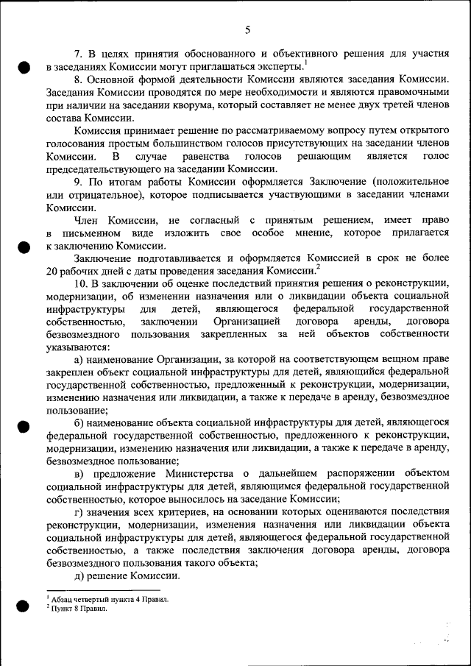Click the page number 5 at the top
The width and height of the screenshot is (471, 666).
247,29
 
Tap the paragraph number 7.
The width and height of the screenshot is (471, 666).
79,54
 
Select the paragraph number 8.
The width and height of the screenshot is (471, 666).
79,79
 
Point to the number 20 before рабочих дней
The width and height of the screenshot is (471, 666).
52,271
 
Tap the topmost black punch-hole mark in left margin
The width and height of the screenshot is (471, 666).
24,67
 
